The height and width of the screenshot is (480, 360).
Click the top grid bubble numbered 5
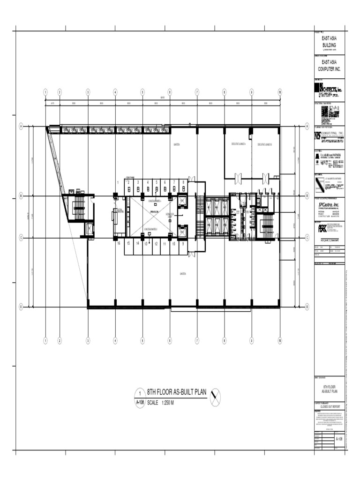tap(142, 92)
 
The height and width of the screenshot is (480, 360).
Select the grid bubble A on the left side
tap(21, 126)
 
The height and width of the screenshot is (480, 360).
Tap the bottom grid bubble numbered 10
tap(279, 341)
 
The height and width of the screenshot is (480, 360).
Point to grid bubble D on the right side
tap(307, 307)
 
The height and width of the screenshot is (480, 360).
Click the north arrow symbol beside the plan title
tap(215, 397)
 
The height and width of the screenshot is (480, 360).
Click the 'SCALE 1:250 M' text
tap(161, 403)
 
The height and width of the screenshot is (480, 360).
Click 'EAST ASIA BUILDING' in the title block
tap(329, 43)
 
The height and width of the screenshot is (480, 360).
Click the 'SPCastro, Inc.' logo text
tap(330, 204)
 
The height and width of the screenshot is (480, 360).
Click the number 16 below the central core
tap(119, 244)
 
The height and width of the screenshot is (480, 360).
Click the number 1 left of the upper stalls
tap(118, 182)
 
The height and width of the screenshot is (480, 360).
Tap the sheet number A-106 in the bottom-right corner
tap(339, 439)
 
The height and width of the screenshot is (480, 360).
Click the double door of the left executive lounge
tap(238, 177)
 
